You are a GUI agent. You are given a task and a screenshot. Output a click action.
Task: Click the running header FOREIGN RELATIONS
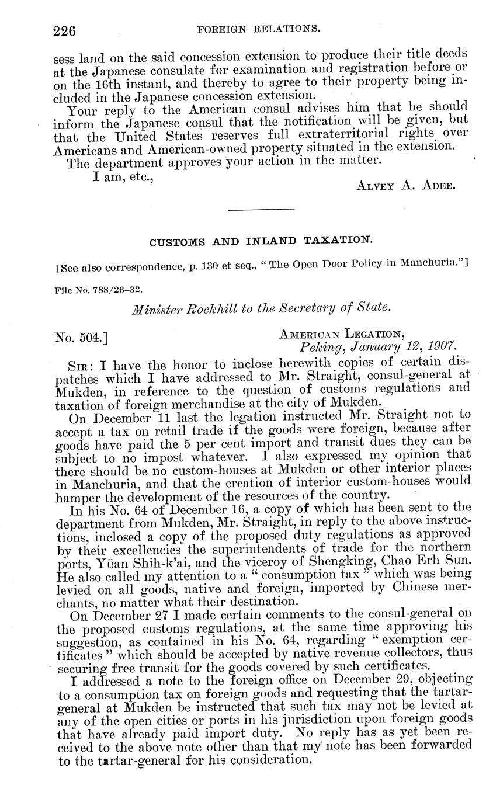pos(259,27)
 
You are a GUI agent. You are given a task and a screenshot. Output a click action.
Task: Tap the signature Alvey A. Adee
pos(405,186)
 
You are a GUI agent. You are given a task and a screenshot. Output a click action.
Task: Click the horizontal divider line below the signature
pos(261,209)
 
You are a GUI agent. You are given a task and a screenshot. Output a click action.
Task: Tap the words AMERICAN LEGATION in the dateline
pos(342,334)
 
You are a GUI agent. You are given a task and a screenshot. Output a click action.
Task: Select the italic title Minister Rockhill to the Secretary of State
pos(261,309)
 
